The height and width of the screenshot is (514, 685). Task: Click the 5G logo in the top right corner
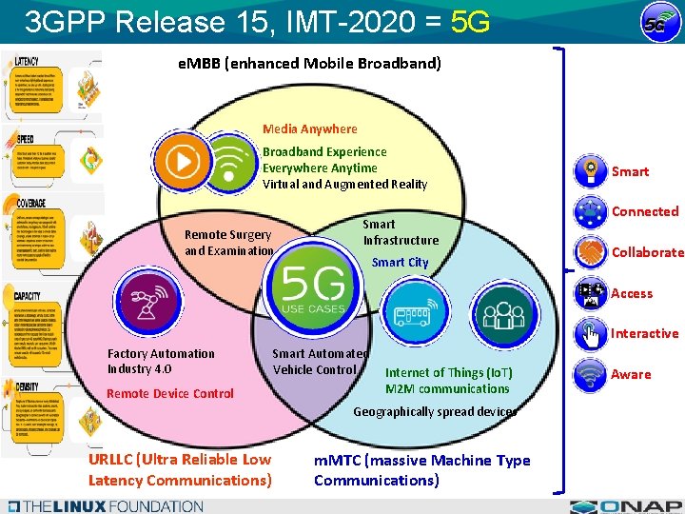coord(655,23)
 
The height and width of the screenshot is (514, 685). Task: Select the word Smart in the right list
coord(630,171)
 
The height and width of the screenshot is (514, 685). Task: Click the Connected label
coord(644,211)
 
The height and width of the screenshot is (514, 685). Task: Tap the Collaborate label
coord(647,252)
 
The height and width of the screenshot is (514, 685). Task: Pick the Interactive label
coord(644,333)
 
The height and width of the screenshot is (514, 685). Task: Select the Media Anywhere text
coord(310,128)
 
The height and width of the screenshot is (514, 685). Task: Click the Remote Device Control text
coord(170,393)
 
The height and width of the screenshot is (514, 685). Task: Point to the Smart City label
coord(400,262)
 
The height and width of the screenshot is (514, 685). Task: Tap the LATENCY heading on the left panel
coord(28,60)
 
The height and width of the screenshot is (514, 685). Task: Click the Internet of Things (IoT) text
coord(448,372)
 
